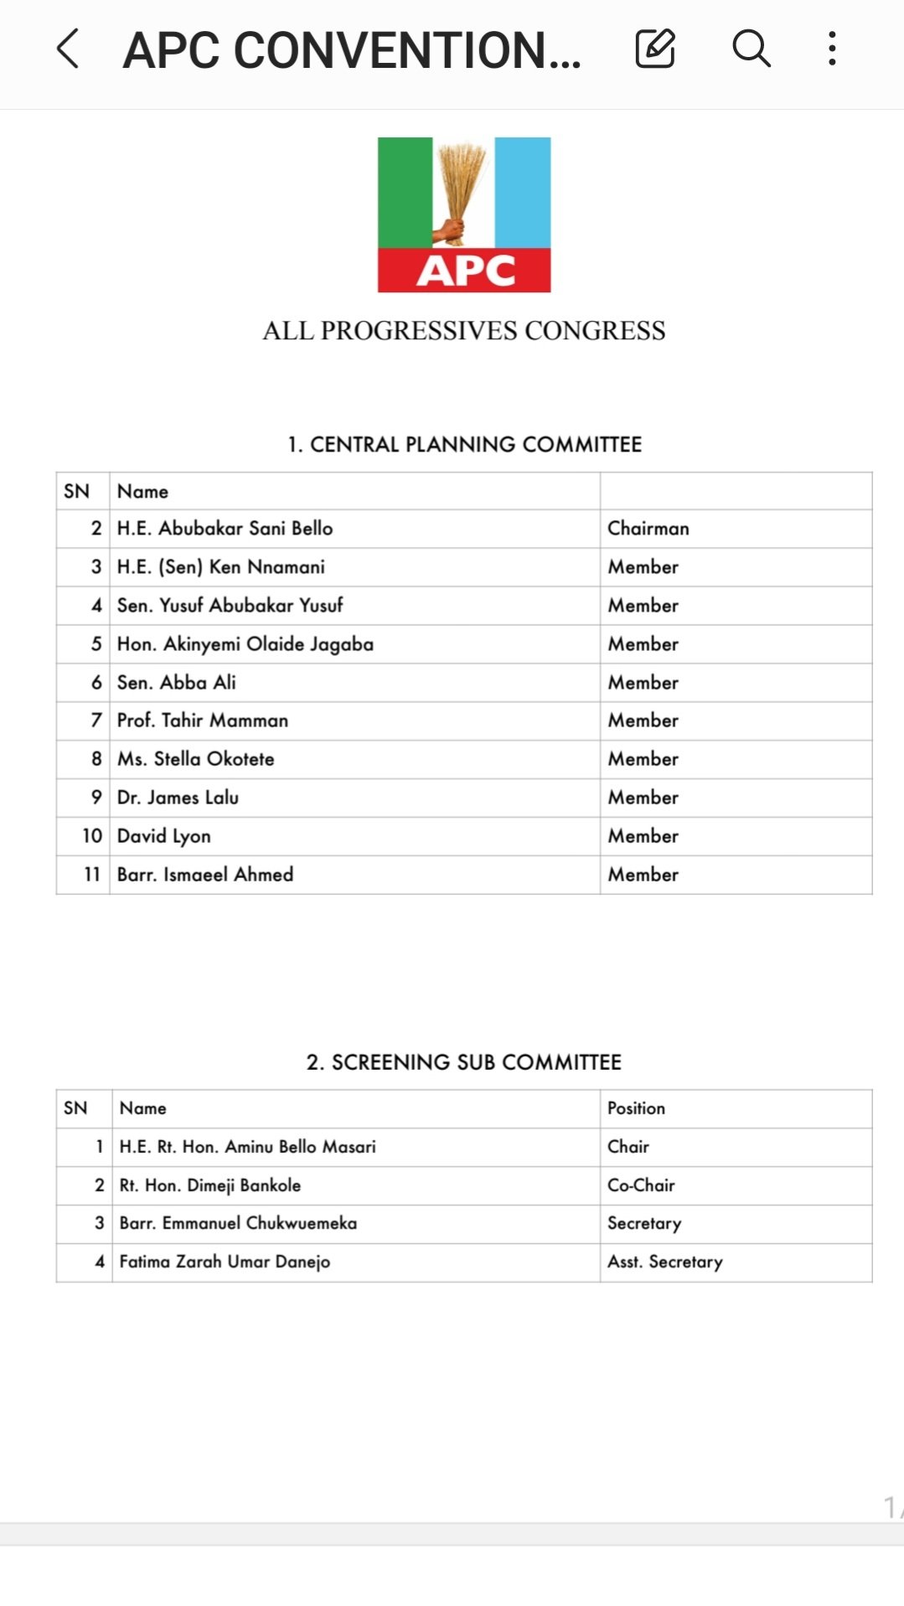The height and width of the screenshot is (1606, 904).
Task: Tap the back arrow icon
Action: [x=68, y=49]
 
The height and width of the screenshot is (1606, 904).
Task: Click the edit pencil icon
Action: [x=654, y=49]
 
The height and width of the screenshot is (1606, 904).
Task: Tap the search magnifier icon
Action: [x=751, y=49]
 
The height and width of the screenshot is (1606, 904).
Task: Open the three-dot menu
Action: [x=831, y=49]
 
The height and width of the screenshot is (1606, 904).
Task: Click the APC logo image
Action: [x=464, y=214]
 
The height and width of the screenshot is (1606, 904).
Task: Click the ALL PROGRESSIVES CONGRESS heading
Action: [x=464, y=331]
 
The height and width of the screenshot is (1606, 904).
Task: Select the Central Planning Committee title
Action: [x=464, y=444]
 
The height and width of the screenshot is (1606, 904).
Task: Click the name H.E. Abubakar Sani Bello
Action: [x=225, y=529]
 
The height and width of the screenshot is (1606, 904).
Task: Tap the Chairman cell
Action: [x=648, y=529]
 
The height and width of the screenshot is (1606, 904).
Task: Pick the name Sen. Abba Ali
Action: [x=177, y=683]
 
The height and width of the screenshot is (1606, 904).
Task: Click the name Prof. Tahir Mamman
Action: [x=203, y=720]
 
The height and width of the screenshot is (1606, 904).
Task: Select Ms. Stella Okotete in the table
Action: [x=196, y=759]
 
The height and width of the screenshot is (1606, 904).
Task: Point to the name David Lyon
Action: [x=164, y=836]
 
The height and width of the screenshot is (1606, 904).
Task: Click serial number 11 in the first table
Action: [x=92, y=875]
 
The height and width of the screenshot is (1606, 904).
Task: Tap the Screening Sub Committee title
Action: [x=464, y=1062]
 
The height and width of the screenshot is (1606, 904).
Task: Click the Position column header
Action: [x=637, y=1108]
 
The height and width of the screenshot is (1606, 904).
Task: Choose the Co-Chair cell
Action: [x=641, y=1185]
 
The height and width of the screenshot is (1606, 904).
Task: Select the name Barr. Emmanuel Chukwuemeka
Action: [x=238, y=1223]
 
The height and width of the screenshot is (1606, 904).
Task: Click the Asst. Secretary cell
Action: [x=665, y=1262]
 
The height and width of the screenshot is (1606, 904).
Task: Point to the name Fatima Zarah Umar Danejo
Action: [x=225, y=1262]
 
